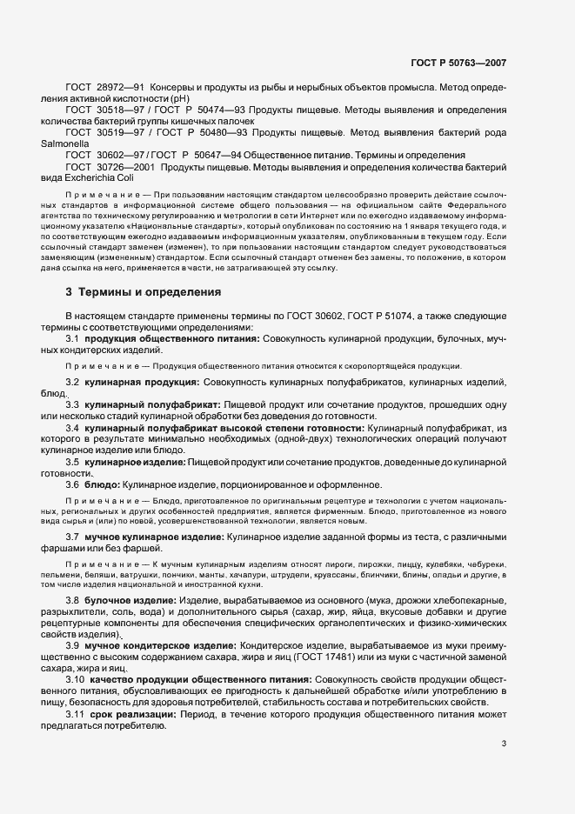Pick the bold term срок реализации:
(132, 714)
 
